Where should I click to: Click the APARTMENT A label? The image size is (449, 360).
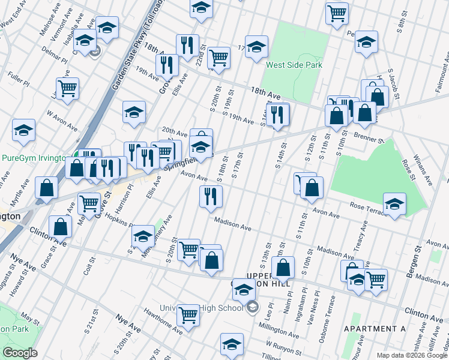(375, 329)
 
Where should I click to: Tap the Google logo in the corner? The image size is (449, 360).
(20, 353)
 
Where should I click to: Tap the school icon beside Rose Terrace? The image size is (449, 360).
(394, 203)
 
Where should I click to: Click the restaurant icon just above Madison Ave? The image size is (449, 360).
(211, 196)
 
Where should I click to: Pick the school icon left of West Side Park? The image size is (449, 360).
(256, 50)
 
